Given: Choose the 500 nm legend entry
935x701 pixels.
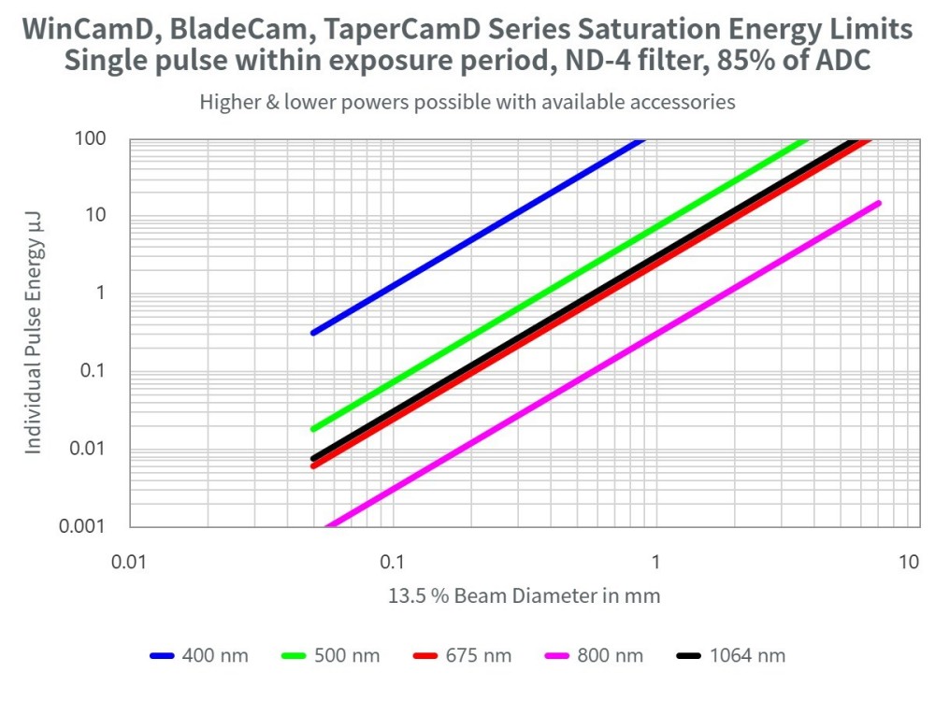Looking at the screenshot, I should coord(331,655).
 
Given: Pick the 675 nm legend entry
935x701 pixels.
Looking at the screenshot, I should coord(462,655).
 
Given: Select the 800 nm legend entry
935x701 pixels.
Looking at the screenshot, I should coord(594,655).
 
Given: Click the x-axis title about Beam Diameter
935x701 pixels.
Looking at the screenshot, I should coord(524,595).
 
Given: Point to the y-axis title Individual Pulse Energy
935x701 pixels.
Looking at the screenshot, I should coord(34,332).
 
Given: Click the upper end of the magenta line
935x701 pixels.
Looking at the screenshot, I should coord(878,203).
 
